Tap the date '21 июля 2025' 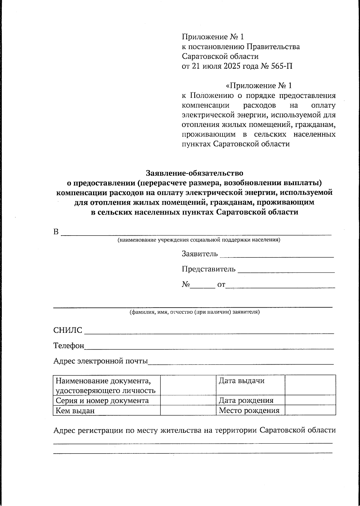click(x=216, y=66)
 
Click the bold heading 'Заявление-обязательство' click(x=194, y=173)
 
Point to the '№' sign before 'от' click(x=186, y=284)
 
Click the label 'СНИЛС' click(x=67, y=330)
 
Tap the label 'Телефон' click(x=69, y=345)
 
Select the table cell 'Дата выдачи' click(x=241, y=381)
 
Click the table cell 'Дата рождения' click(x=246, y=400)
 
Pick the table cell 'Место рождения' click(x=249, y=410)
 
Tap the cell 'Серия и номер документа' click(x=102, y=400)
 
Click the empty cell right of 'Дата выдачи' click(x=310, y=385)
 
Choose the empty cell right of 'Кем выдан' click(x=188, y=410)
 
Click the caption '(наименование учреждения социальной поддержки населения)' click(x=199, y=240)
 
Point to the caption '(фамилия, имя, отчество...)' click(x=194, y=312)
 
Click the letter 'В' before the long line click(x=56, y=232)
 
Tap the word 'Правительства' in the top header click(x=273, y=47)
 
